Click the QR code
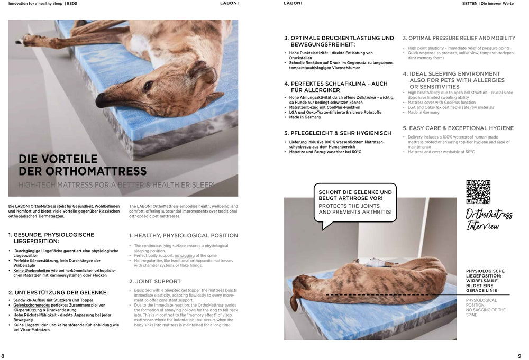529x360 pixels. click(478, 191)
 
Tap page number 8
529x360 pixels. click(3, 356)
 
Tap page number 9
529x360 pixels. click(519, 356)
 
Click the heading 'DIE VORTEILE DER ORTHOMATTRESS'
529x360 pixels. click(83, 165)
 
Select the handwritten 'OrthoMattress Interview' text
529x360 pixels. click(488, 220)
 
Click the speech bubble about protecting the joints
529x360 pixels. click(355, 202)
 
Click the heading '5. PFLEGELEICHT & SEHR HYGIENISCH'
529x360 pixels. click(338, 133)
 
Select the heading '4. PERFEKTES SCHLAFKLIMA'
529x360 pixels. click(335, 87)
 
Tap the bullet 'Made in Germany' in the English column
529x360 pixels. click(424, 113)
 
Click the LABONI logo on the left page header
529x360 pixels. click(229, 3)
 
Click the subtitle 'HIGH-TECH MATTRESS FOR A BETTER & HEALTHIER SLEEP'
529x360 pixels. click(117, 185)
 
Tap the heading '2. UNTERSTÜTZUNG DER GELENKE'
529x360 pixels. click(58, 292)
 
